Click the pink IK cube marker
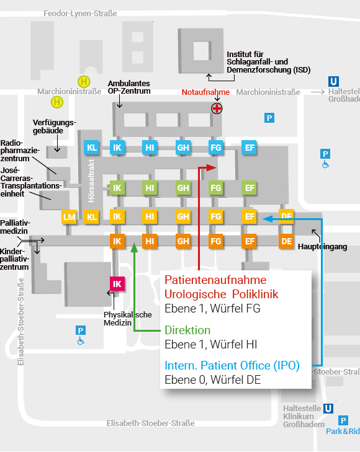(117, 284)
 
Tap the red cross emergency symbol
(217, 109)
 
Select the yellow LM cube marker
(70, 217)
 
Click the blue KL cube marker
(92, 148)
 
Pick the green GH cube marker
(183, 188)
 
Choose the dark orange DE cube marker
(286, 241)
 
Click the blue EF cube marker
(250, 148)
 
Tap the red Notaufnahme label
(205, 92)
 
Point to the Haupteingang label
(323, 247)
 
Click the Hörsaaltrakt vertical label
(91, 181)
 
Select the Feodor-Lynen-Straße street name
(80, 14)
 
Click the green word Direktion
(187, 330)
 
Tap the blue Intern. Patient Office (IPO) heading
(232, 366)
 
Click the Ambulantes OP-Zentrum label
(129, 87)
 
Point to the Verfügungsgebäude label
(54, 126)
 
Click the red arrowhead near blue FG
(212, 167)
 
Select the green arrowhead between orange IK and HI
(134, 247)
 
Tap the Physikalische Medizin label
(127, 319)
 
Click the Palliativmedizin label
(15, 227)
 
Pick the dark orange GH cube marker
(183, 241)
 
